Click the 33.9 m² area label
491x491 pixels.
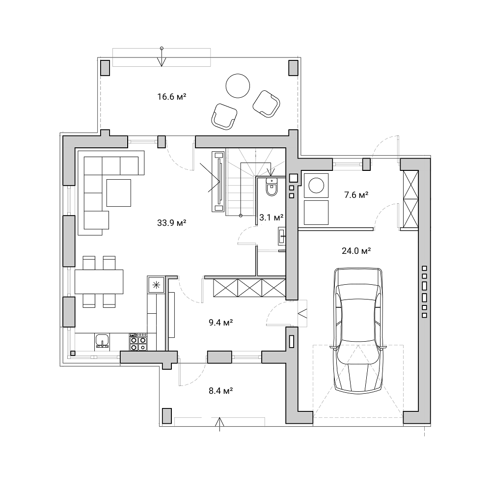171,222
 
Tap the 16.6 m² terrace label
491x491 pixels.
171,96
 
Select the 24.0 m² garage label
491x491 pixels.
356,250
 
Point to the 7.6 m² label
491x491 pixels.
356,195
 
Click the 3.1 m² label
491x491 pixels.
272,217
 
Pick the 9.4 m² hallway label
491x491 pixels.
221,322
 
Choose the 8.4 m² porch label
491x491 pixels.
221,390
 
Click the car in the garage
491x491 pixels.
358,330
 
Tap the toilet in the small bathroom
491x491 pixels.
271,187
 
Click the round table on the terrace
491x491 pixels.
238,86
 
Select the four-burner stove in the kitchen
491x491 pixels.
138,342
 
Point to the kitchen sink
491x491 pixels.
102,341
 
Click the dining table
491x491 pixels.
99,281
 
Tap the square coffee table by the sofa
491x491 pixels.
119,192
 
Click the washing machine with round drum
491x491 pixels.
316,186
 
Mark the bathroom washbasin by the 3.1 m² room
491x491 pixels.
282,235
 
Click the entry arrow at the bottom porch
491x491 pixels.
220,424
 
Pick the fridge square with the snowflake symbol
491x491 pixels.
156,285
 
